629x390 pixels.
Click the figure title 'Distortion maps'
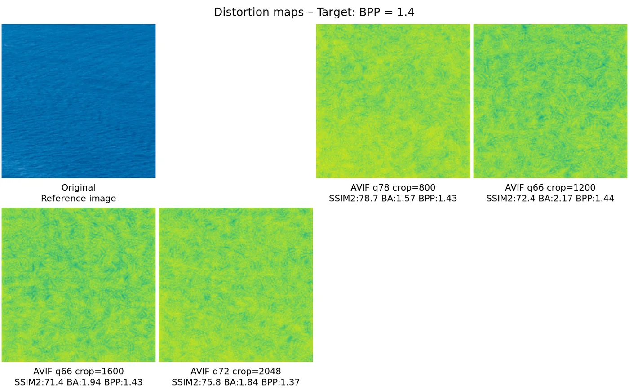click(259, 12)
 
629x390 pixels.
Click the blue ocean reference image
click(79, 101)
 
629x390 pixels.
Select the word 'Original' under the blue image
click(79, 187)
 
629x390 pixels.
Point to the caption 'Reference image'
click(79, 199)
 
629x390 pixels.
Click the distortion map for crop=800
click(393, 101)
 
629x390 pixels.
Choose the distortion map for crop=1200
click(550, 101)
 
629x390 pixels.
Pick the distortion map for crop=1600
click(79, 285)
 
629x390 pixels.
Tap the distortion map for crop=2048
click(236, 285)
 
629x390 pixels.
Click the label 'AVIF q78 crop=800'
click(393, 187)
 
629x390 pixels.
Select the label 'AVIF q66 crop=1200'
click(550, 187)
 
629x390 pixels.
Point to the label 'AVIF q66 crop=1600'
click(79, 371)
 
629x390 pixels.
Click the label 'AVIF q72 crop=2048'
click(236, 371)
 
